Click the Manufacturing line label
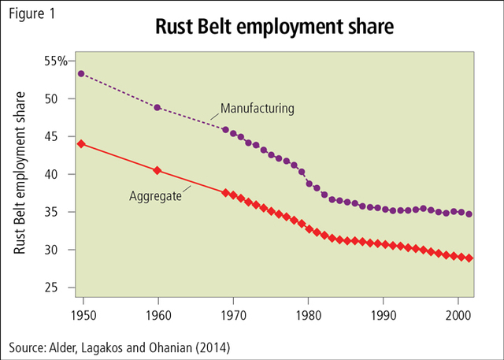click(x=257, y=108)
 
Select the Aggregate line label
click(x=156, y=195)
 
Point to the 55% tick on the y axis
click(x=55, y=61)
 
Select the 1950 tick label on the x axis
click(x=83, y=316)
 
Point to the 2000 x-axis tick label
click(x=459, y=316)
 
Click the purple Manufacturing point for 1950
click(x=82, y=73)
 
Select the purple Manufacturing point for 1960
click(x=157, y=107)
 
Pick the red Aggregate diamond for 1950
click(x=82, y=143)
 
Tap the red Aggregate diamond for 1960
click(x=157, y=170)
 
